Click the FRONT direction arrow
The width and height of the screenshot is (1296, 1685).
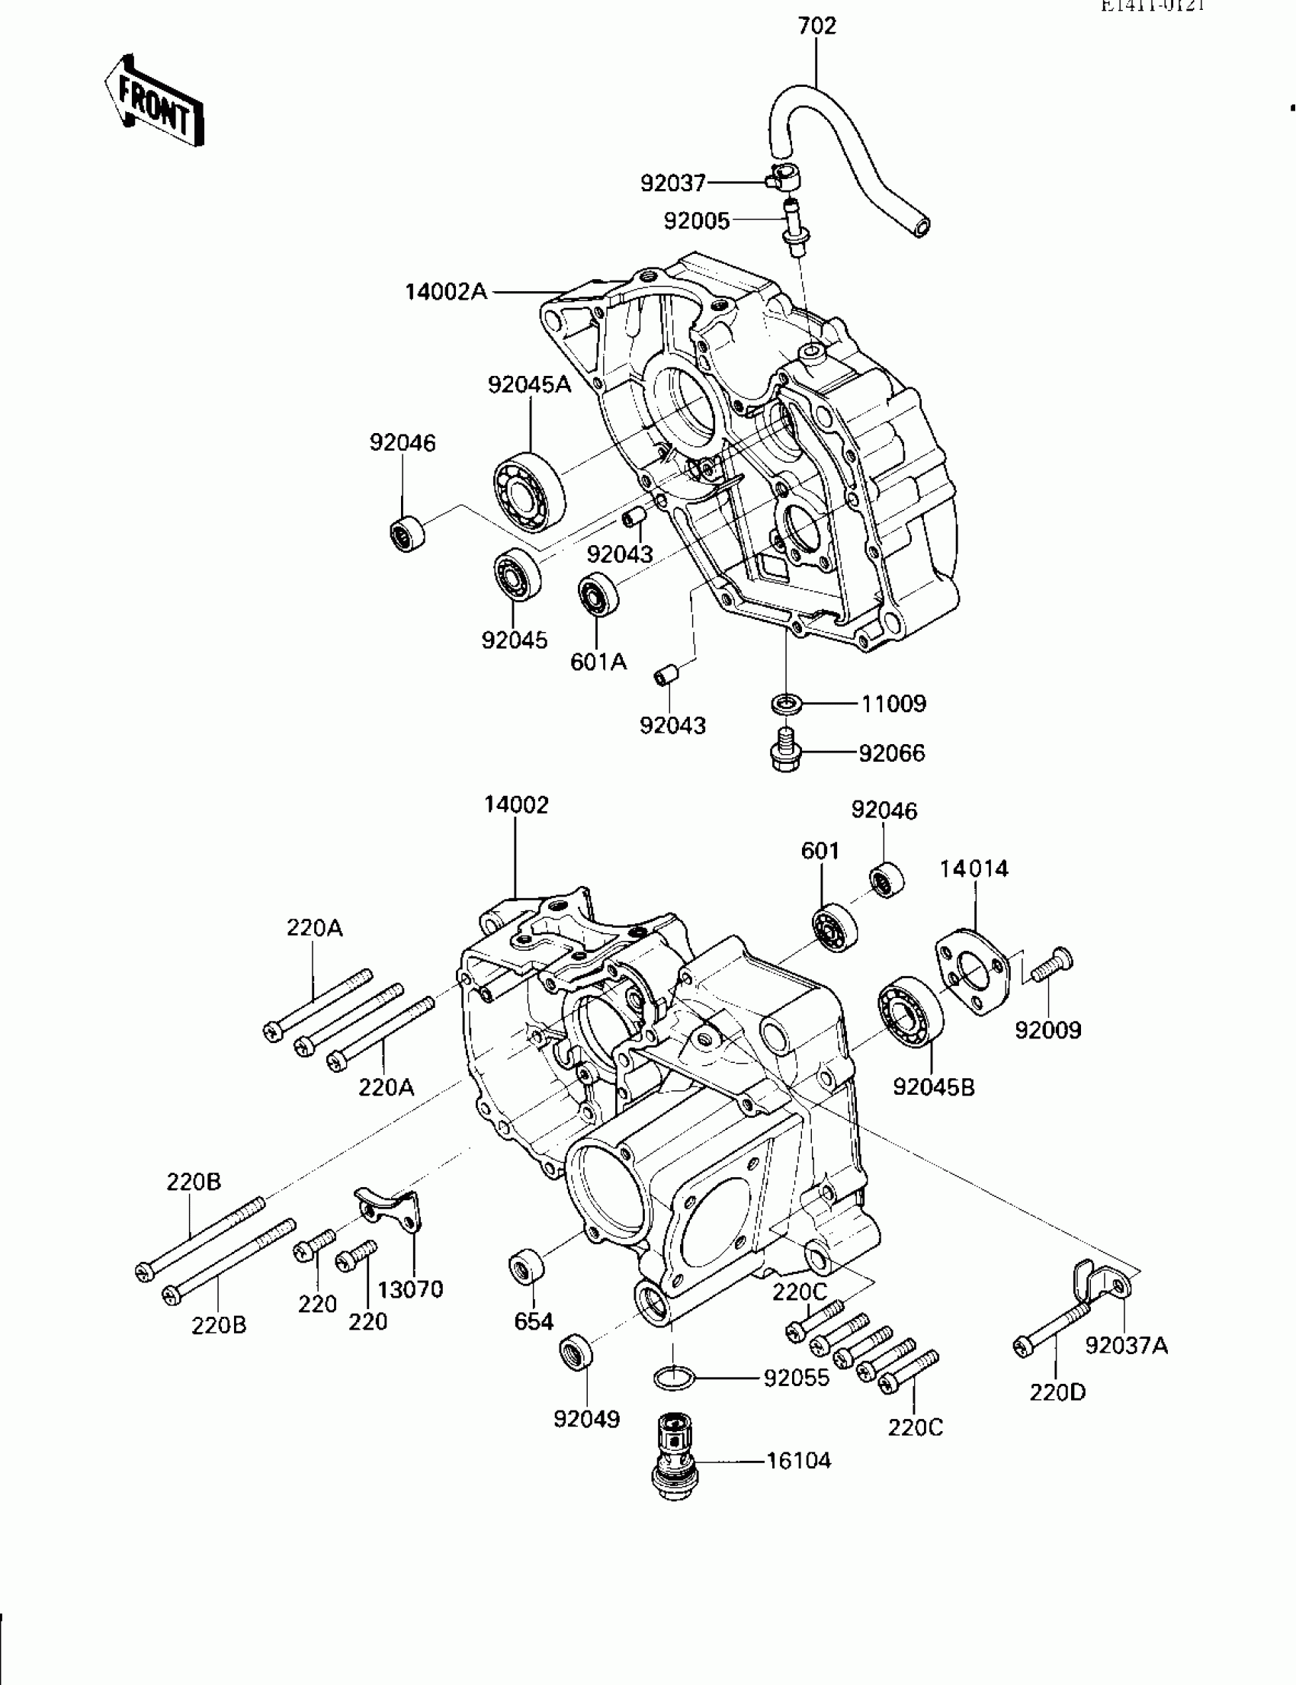click(x=155, y=102)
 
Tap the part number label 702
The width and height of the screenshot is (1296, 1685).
click(x=817, y=26)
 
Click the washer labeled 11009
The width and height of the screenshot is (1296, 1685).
click(x=786, y=704)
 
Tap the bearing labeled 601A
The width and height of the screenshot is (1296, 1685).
click(x=598, y=595)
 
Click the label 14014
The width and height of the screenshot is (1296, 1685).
click(x=974, y=868)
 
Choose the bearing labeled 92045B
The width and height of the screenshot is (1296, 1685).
click(x=911, y=1011)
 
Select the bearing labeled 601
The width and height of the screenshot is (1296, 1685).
click(x=835, y=926)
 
